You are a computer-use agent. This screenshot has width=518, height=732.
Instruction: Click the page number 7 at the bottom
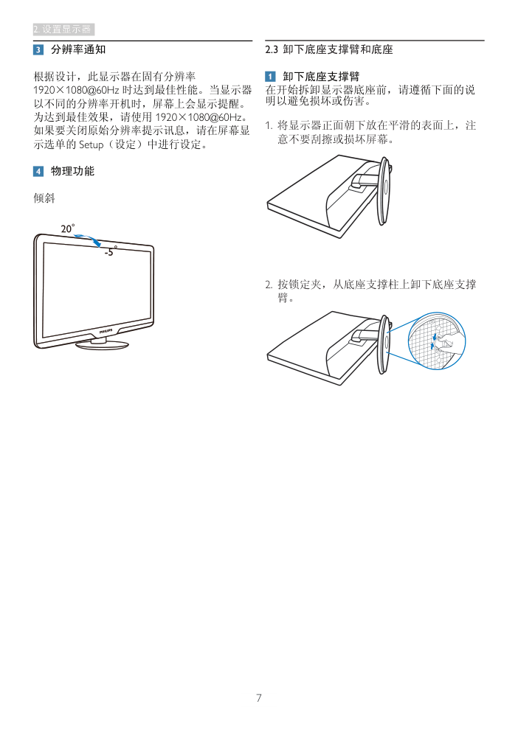258,698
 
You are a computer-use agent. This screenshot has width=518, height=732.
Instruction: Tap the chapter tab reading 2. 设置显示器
63,29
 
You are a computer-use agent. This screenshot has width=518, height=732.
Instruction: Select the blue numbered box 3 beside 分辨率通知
38,49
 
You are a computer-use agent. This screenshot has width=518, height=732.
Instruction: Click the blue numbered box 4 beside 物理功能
38,171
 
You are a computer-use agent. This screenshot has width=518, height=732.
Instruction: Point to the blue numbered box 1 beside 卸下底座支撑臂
270,76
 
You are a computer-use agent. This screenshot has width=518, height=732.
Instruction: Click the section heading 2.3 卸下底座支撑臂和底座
329,49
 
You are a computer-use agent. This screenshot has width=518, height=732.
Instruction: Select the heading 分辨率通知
78,49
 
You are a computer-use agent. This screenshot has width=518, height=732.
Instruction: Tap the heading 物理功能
72,171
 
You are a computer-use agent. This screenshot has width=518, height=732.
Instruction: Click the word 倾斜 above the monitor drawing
44,198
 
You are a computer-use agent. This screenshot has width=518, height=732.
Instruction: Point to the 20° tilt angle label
67,229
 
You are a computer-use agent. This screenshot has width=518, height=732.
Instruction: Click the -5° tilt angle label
110,251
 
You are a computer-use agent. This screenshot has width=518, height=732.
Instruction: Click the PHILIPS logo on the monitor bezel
106,331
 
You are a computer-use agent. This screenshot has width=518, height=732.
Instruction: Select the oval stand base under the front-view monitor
102,344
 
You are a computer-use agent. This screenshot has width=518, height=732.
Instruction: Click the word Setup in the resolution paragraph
91,144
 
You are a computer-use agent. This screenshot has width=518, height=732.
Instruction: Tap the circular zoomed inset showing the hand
437,341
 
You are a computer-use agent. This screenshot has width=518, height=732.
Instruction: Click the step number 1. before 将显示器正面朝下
269,125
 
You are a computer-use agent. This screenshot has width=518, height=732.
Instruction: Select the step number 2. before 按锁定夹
269,285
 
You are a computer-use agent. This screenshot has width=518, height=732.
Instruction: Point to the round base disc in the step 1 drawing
384,191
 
